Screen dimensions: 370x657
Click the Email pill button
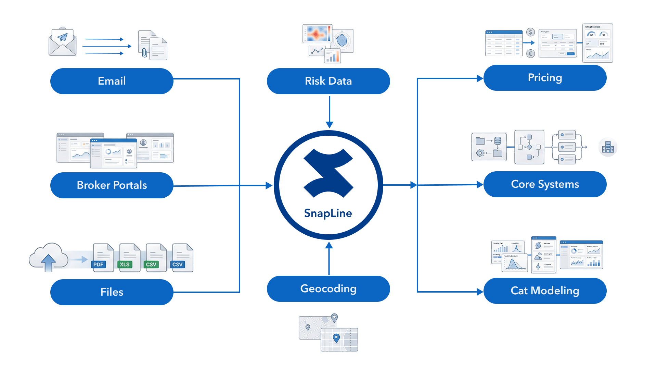coord(112,81)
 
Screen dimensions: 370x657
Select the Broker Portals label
coord(112,185)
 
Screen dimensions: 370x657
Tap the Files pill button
coord(112,292)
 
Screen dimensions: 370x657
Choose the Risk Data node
coord(328,81)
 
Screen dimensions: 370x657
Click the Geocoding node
coord(328,289)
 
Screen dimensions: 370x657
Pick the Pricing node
coord(545,78)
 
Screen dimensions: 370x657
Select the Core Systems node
coord(545,184)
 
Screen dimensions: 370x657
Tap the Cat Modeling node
coord(545,291)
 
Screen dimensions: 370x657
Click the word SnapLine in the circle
coord(328,213)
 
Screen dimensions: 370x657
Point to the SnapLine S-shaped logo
coord(328,173)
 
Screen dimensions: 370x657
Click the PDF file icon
coord(103,258)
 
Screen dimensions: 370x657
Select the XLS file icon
coord(129,258)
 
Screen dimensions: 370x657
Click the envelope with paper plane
coord(62,42)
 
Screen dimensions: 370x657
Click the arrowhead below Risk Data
coord(329,125)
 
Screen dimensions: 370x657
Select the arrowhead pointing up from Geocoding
coord(329,245)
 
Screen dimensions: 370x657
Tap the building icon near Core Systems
coord(608,147)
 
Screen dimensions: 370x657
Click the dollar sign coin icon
coord(530,32)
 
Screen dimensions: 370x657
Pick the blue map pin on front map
coord(336,338)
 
